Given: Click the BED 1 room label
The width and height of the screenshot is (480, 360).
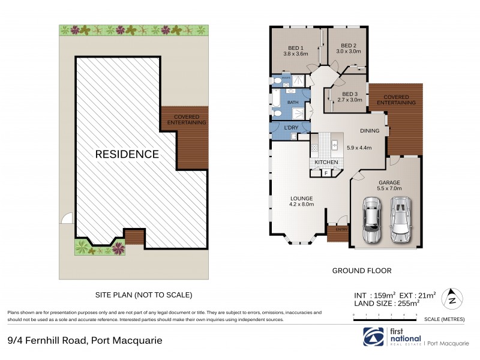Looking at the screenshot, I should [x=295, y=47].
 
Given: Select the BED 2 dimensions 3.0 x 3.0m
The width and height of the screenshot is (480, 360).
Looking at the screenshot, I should [x=349, y=52].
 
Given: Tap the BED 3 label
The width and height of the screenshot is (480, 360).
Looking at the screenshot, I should [x=349, y=94].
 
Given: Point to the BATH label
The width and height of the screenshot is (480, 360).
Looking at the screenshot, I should [x=293, y=103].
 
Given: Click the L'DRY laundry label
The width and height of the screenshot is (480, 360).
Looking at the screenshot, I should [x=291, y=127].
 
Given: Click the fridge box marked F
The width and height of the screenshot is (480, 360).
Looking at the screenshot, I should [x=325, y=173].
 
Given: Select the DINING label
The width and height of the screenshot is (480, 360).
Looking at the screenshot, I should [x=369, y=131].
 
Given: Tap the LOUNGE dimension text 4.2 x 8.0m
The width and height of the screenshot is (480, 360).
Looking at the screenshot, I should [x=300, y=205].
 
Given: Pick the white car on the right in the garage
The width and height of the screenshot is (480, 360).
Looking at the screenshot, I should [x=400, y=218].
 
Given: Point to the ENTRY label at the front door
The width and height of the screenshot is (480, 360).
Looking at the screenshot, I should [x=341, y=229].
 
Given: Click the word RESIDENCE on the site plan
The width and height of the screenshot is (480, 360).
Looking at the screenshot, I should [x=127, y=154].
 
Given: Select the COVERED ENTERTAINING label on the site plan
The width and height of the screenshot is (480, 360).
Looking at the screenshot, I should [x=190, y=119].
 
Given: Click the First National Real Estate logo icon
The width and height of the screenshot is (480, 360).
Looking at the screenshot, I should [x=370, y=335].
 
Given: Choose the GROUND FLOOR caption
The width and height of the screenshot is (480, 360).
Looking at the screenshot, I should [x=362, y=271].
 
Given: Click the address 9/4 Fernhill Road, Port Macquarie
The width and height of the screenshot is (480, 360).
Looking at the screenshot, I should [x=85, y=341].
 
